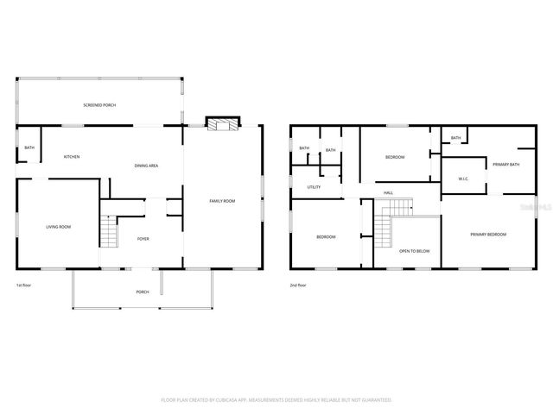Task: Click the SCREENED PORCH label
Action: pyautogui.click(x=99, y=105)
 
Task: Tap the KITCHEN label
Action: pyautogui.click(x=72, y=157)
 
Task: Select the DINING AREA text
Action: pyautogui.click(x=146, y=166)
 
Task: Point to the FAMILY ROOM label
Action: pyautogui.click(x=222, y=201)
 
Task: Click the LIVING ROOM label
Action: pyautogui.click(x=58, y=227)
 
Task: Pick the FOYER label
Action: pyautogui.click(x=143, y=239)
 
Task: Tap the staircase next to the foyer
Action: pyautogui.click(x=109, y=231)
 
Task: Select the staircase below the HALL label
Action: pyautogui.click(x=398, y=208)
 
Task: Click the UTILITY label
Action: pyautogui.click(x=314, y=187)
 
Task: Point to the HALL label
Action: pyautogui.click(x=389, y=192)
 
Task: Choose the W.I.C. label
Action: pyautogui.click(x=463, y=179)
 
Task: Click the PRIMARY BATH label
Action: pyautogui.click(x=505, y=165)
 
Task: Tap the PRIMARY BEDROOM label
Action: pyautogui.click(x=488, y=235)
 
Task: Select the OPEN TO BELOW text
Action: pyautogui.click(x=414, y=251)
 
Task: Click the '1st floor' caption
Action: pyautogui.click(x=24, y=285)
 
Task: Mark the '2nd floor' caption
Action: pyautogui.click(x=297, y=285)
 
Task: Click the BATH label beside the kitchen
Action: pyautogui.click(x=29, y=148)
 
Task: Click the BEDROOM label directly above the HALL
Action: pyautogui.click(x=395, y=157)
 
